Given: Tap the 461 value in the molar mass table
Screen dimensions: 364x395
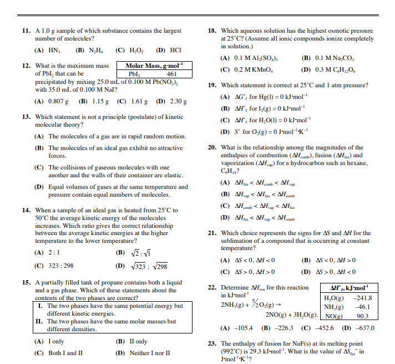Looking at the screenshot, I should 171,73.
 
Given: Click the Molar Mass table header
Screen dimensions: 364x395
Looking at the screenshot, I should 150,66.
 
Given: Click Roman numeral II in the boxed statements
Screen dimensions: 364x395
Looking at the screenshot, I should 39,321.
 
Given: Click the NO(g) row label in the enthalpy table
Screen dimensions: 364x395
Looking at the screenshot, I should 333,316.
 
